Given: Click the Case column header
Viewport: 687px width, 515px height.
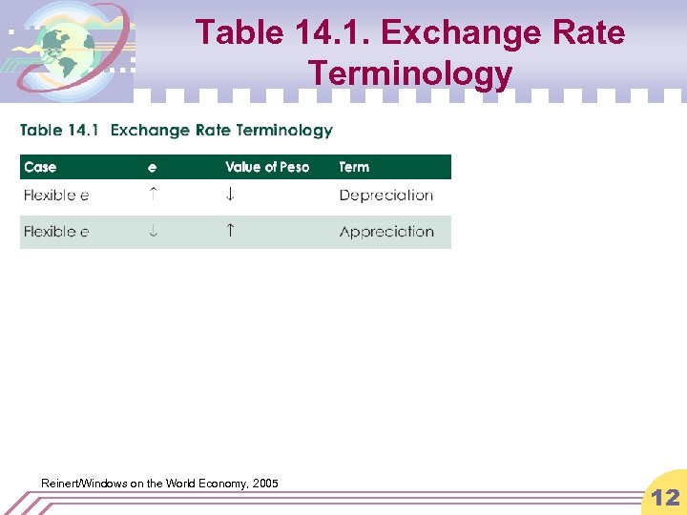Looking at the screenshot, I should click(40, 167).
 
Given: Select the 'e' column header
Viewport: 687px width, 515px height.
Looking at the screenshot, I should click(153, 168).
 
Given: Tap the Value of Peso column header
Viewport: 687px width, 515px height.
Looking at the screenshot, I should click(267, 167).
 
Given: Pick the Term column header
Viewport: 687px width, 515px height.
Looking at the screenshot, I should click(354, 167).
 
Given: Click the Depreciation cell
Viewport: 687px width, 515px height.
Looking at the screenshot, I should click(385, 196).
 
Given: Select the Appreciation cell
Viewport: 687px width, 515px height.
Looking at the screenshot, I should click(386, 232).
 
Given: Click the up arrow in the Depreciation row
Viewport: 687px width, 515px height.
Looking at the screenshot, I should click(154, 194).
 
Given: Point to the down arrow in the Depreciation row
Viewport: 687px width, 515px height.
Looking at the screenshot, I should click(230, 195).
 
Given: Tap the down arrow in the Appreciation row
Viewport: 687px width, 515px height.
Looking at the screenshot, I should click(154, 231).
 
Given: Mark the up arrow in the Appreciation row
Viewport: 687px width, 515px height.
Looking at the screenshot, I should click(230, 230).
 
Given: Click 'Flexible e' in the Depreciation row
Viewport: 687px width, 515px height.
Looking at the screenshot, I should click(56, 196).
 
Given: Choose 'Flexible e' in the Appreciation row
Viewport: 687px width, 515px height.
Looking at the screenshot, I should click(56, 232).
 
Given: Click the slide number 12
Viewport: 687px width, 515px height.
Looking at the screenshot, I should click(665, 496).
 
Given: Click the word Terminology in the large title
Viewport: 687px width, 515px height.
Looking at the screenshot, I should click(410, 72).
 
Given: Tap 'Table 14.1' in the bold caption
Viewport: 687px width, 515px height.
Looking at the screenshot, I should click(61, 131).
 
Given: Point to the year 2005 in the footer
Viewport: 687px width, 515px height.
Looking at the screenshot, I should click(266, 484).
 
